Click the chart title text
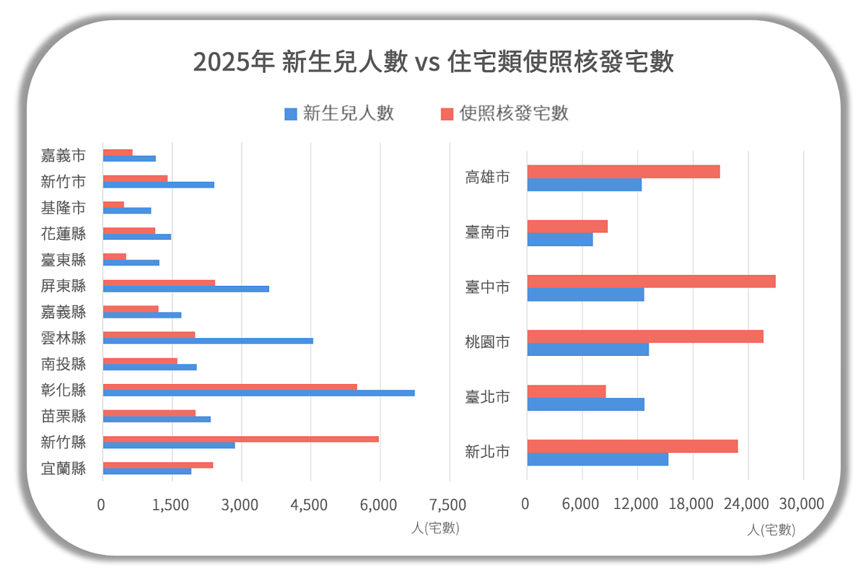coord(433,62)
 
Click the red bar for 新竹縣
coord(241,439)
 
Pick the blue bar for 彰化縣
coord(258,393)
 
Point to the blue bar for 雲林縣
coord(208,341)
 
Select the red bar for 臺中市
coord(651,282)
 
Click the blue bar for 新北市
coord(598,459)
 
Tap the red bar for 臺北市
coord(567,391)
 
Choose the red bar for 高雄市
coord(624,172)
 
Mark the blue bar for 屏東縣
coord(186,289)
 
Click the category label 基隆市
coord(64,208)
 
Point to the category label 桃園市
coord(488,342)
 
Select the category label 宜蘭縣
coord(64,468)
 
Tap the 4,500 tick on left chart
coord(310,504)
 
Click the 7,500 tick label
coord(448,504)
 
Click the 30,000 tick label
coord(802,504)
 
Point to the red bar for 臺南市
coord(567,227)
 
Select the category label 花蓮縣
coord(64,234)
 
